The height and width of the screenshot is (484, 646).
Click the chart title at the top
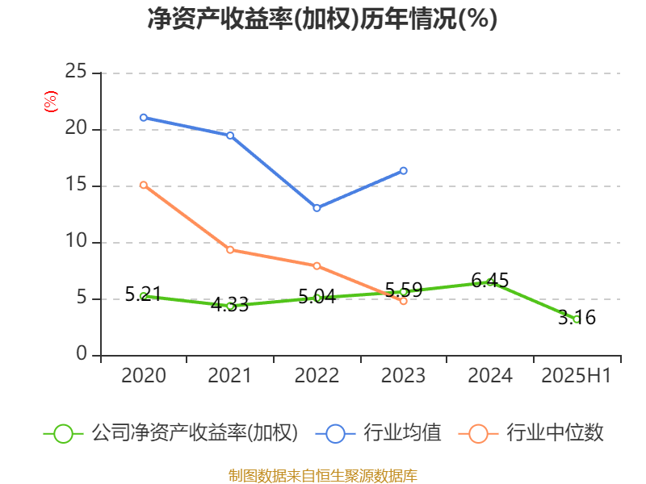pos(322,19)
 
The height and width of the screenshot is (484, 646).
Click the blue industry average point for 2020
pos(144,117)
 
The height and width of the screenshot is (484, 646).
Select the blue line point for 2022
pos(317,208)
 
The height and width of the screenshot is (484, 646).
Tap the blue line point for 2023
pos(404,170)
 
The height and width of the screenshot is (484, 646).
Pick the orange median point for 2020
pos(144,185)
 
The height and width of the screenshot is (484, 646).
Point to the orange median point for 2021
pos(230,249)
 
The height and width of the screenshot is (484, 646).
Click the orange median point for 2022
pos(317,265)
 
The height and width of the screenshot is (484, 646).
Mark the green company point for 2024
pos(490,282)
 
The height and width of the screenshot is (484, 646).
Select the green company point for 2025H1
pos(577,319)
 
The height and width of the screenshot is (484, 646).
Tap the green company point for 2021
pos(230,306)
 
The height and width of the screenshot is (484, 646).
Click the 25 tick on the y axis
pos(76,72)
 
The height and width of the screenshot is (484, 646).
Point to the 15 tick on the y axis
pos(76,186)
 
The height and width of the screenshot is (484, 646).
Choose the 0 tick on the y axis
pos(82,355)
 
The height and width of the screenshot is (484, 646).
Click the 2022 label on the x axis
pos(317,376)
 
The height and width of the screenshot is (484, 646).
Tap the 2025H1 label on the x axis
pos(577,376)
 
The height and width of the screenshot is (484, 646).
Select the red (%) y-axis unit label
pos(51,102)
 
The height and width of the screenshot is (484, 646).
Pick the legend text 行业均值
pos(402,433)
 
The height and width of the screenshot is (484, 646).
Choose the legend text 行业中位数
pos(555,433)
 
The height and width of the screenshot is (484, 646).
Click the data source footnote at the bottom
pos(322,475)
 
